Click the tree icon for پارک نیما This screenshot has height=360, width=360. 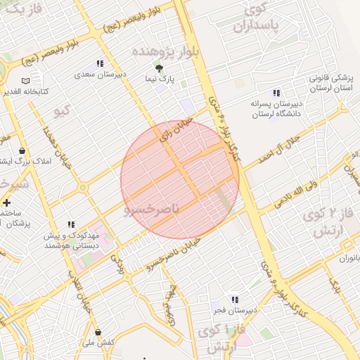pos(159,68)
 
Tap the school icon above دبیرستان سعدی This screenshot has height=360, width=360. pos(99,63)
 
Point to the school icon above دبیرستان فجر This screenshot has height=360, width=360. pos(234,300)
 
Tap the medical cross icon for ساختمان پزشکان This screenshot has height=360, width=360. pos(6,202)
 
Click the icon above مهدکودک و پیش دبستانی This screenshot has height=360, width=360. pos(70,224)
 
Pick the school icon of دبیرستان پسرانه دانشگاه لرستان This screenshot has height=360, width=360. pos(276,92)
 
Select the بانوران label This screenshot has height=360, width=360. pos(347,258)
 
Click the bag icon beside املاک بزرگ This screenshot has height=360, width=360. pos(22,150)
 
